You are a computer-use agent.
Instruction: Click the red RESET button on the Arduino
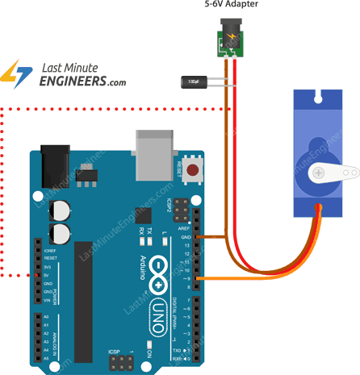193,170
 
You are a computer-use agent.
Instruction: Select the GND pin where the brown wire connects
196,237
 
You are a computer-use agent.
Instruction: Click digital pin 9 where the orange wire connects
196,278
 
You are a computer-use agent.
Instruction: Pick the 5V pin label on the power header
48,275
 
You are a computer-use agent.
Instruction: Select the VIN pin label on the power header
47,299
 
